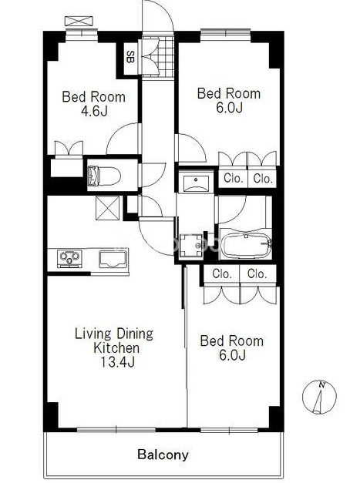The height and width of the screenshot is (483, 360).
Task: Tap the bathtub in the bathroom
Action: click(x=246, y=246)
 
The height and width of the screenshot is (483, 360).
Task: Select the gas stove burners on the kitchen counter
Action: click(x=69, y=257)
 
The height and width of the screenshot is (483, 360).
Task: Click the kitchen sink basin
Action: click(x=113, y=258)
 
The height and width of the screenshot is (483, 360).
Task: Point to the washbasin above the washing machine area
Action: click(x=196, y=183)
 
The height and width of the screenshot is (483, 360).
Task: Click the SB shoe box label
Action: click(x=131, y=57)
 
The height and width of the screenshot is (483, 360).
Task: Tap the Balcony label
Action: click(x=163, y=454)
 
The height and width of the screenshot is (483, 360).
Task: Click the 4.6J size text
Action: click(x=94, y=111)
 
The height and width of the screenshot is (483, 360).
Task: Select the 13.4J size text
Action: click(x=117, y=362)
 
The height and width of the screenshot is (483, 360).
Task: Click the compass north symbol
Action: click(x=319, y=397)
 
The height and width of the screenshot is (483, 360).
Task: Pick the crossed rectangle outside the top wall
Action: click(x=79, y=21)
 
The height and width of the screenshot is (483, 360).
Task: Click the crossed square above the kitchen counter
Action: click(x=107, y=208)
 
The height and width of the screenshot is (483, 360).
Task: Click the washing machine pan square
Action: click(x=191, y=246)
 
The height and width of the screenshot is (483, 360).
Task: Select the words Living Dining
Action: click(x=114, y=334)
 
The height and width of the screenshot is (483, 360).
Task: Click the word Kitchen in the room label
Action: click(x=116, y=348)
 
